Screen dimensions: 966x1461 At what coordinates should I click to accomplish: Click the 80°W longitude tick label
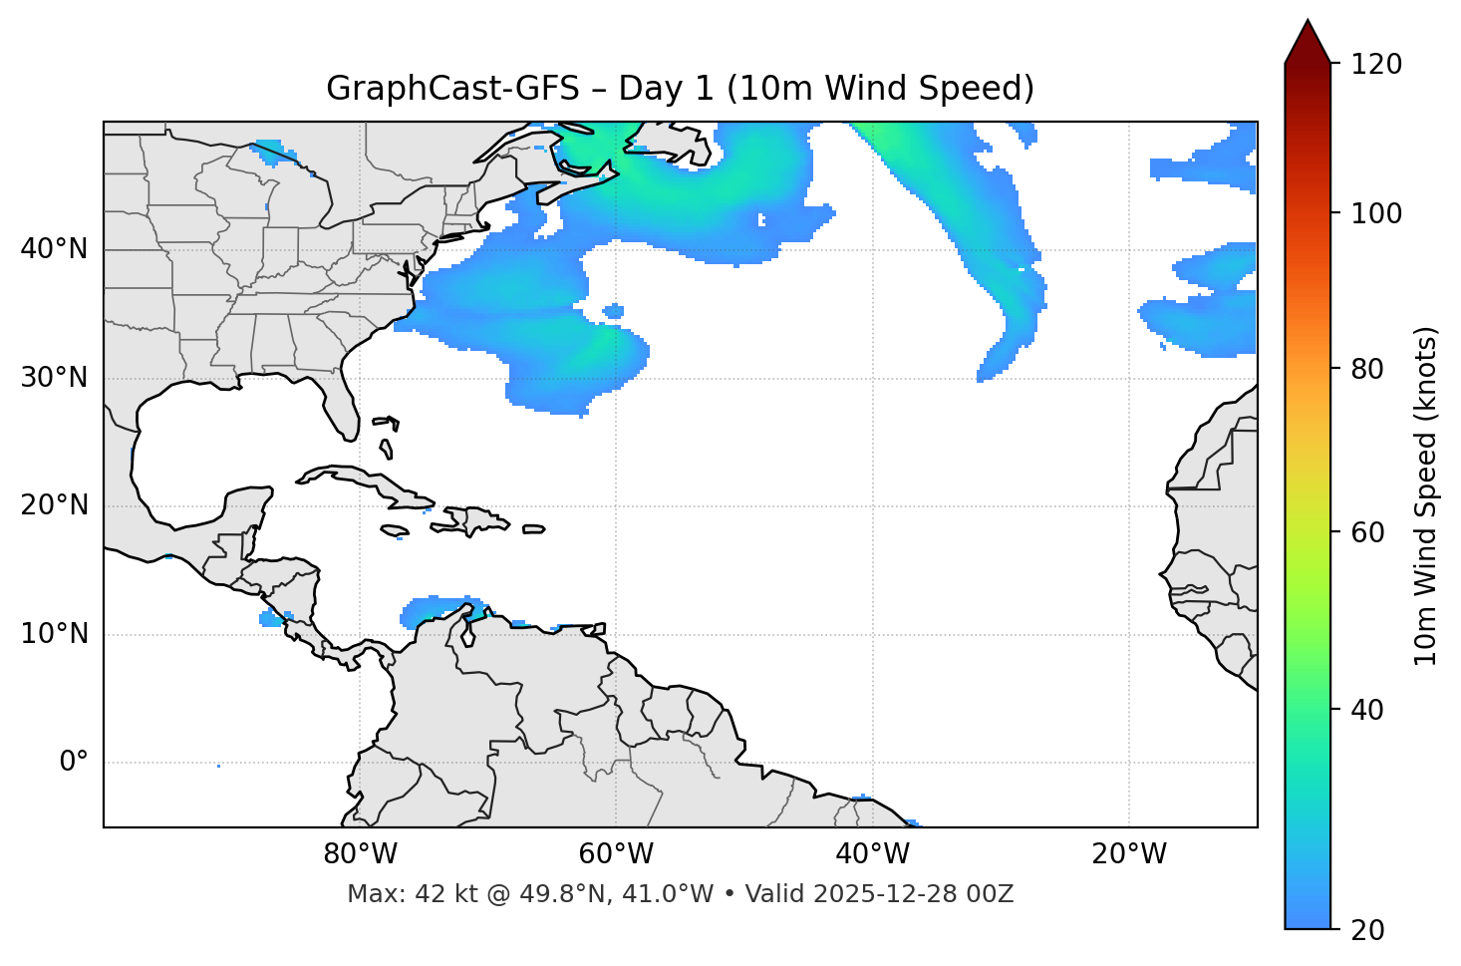(x=360, y=854)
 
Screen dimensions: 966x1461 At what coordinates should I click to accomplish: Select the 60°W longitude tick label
(x=616, y=854)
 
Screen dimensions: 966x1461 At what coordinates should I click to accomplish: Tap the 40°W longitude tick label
(x=872, y=854)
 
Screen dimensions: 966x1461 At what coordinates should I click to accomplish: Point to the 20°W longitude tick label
(x=1128, y=854)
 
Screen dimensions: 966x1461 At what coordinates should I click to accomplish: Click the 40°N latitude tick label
(x=54, y=249)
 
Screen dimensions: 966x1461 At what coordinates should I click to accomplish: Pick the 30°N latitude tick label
(x=54, y=378)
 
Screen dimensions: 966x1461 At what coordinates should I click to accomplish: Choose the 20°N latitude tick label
(x=54, y=505)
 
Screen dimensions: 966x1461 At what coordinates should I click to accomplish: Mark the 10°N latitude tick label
(x=54, y=634)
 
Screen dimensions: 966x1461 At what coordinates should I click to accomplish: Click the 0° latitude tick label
(x=73, y=763)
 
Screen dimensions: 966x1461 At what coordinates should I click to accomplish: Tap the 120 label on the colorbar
(x=1375, y=65)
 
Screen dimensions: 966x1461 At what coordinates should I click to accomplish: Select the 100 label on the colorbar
(x=1375, y=213)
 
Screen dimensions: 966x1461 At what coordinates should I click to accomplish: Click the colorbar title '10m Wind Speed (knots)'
(x=1426, y=495)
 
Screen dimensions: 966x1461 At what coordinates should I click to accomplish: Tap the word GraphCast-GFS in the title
(x=452, y=89)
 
